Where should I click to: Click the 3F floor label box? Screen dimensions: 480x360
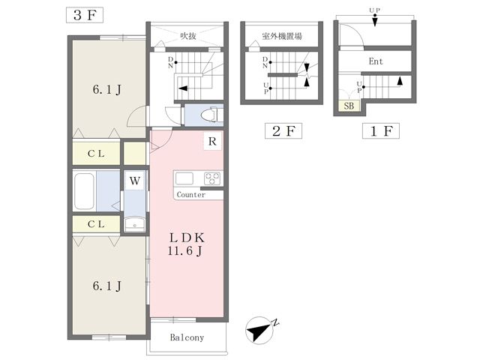[85, 15]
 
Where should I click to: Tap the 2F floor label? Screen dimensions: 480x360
[283, 131]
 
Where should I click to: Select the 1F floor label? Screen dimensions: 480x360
[381, 131]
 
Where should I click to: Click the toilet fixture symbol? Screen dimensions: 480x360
[209, 115]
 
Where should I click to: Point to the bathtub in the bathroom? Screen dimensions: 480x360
[84, 191]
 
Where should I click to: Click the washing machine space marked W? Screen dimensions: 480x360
[135, 181]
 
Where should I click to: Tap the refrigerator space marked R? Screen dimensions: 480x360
[212, 141]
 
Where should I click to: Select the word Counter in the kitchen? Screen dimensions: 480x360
[191, 195]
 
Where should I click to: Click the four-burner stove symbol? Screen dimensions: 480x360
[212, 178]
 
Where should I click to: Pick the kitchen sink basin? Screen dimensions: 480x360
[184, 178]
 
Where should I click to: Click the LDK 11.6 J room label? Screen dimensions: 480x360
[185, 244]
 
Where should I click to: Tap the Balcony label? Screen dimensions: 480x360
[187, 337]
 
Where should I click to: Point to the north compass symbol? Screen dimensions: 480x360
[260, 330]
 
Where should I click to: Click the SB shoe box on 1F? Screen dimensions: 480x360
[349, 106]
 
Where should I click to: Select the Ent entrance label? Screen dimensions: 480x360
[376, 61]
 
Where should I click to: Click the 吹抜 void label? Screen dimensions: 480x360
[188, 36]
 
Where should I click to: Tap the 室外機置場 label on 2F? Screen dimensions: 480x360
[282, 37]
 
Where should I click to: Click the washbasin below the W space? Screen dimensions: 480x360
[135, 223]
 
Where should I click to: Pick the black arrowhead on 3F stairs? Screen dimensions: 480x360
[183, 88]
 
